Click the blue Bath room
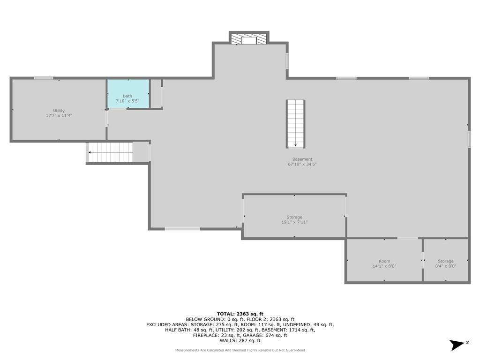pyautogui.click(x=128, y=94)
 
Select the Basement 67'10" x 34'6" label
pyautogui.click(x=302, y=162)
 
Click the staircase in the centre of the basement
pyautogui.click(x=296, y=124)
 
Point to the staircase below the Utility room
pyautogui.click(x=111, y=152)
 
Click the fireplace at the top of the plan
pyautogui.click(x=249, y=38)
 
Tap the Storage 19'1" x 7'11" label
pyautogui.click(x=294, y=219)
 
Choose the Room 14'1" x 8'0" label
pyautogui.click(x=384, y=263)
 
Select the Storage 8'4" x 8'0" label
pyautogui.click(x=445, y=263)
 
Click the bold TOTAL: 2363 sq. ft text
pyautogui.click(x=240, y=314)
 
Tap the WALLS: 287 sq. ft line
pyautogui.click(x=240, y=340)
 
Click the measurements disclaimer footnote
pyautogui.click(x=240, y=350)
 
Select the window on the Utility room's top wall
pyautogui.click(x=43, y=78)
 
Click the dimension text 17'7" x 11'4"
pyautogui.click(x=59, y=115)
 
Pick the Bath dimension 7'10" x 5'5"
pyautogui.click(x=127, y=101)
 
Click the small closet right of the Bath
pyautogui.click(x=156, y=93)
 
